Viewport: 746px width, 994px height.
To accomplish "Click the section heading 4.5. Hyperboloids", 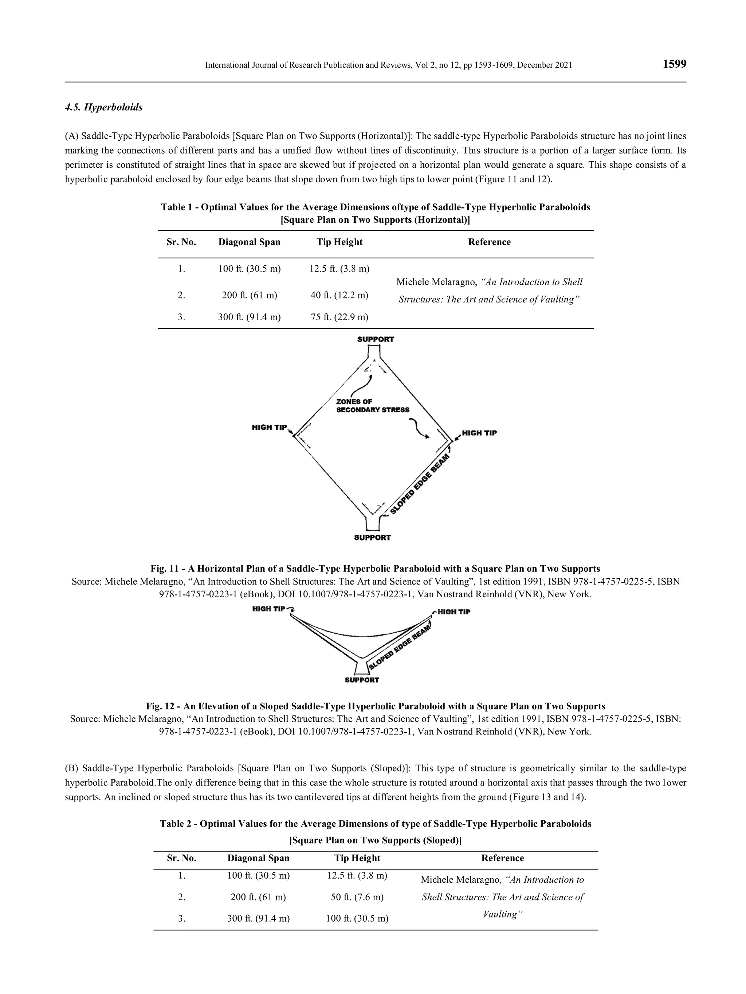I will click(x=104, y=107).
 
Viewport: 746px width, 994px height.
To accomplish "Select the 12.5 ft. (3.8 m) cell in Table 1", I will click(x=339, y=269).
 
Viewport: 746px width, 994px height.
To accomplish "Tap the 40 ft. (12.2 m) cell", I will click(x=339, y=295).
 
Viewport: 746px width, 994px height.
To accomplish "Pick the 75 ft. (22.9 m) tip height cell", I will click(x=339, y=317).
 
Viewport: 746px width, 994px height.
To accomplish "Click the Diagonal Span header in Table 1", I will click(x=249, y=242).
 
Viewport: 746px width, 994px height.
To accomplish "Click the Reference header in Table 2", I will click(x=502, y=858).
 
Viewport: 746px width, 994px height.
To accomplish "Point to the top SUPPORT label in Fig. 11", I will click(x=376, y=340).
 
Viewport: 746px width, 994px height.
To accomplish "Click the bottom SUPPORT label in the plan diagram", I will click(x=372, y=538).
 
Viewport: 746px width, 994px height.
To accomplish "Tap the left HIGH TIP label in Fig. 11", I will click(x=269, y=427).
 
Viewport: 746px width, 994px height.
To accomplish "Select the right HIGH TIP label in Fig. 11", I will click(x=479, y=433).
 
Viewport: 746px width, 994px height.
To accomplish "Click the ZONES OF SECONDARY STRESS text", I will click(x=372, y=406).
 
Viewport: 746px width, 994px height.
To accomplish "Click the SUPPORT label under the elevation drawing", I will click(x=362, y=680).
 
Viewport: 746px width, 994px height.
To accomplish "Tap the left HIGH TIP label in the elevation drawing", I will click(x=268, y=609).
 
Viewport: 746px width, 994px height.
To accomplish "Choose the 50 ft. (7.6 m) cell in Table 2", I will click(x=357, y=897).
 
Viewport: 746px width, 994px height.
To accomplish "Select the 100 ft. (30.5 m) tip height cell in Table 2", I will click(x=357, y=919).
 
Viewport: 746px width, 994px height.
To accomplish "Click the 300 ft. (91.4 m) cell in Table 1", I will click(x=249, y=317).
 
